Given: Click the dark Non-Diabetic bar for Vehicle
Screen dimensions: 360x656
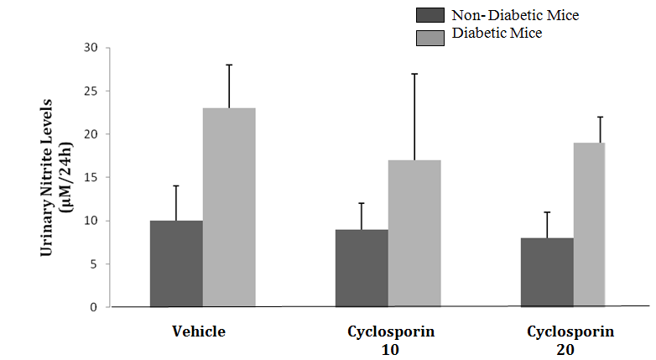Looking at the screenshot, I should click(176, 263).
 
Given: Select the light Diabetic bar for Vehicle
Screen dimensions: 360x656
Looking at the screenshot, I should click(229, 207).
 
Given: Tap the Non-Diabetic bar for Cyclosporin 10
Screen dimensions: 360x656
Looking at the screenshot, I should click(362, 268).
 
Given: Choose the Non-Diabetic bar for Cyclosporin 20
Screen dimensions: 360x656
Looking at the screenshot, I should click(547, 272).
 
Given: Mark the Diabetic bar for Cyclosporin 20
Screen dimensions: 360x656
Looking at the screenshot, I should click(590, 225).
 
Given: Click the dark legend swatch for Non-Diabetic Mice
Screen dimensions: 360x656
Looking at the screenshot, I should click(430, 15).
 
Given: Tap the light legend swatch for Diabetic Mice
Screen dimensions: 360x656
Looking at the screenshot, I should click(430, 34).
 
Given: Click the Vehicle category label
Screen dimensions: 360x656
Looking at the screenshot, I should click(198, 331).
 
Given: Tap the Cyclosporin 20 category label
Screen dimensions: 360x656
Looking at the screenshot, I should click(570, 339).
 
